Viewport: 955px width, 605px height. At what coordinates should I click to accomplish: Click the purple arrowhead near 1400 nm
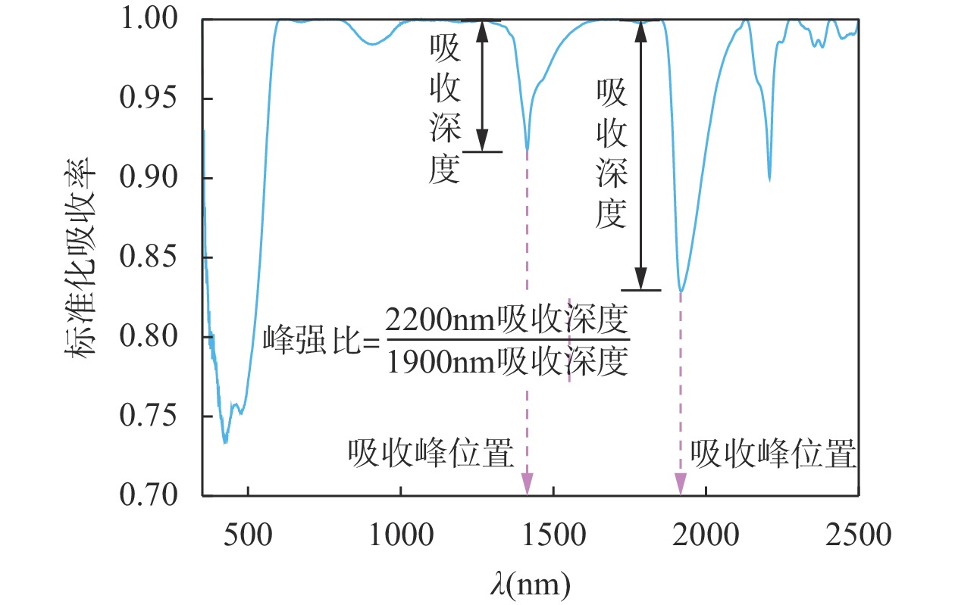(528, 482)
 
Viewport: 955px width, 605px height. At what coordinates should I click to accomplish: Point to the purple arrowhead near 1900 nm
(681, 482)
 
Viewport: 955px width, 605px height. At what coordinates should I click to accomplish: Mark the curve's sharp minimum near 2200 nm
(769, 179)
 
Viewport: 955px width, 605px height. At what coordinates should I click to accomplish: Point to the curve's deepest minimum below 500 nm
(225, 441)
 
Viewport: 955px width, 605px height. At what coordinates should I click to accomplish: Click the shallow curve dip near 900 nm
(371, 44)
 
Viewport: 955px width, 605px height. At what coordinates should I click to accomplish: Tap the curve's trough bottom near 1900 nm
(681, 291)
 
